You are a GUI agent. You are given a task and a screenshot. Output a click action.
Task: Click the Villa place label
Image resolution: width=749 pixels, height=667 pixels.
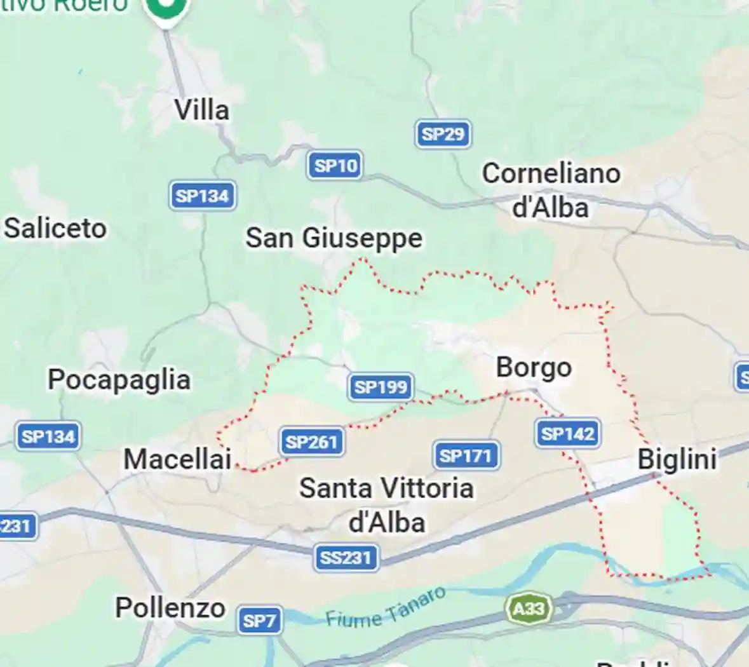202,110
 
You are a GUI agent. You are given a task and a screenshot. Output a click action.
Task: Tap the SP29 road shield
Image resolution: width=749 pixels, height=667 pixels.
443,134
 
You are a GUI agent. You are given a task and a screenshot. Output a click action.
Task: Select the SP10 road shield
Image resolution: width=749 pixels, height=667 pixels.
335,166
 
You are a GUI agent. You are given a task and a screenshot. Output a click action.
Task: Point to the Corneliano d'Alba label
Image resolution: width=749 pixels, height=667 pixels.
551,190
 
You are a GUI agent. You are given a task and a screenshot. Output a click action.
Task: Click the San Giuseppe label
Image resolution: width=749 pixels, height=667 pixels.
334,238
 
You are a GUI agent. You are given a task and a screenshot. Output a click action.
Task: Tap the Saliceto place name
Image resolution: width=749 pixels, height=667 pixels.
56,228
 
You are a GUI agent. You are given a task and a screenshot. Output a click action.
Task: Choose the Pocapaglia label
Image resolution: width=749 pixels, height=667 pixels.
119,380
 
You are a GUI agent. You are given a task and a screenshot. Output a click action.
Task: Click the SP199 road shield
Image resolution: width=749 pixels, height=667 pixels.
381,387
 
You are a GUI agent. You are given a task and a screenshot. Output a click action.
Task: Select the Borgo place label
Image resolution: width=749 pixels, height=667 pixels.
534,367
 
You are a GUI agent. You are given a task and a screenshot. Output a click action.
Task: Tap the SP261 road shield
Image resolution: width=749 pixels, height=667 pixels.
311,441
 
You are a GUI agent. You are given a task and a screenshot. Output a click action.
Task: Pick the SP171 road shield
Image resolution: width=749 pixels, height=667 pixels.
466,455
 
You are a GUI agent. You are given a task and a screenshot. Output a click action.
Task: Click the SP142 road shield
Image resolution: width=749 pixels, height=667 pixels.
567,434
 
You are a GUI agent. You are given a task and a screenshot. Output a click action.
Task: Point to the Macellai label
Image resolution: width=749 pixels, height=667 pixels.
177,459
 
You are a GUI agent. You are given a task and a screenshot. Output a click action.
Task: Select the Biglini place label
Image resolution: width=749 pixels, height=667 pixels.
677,459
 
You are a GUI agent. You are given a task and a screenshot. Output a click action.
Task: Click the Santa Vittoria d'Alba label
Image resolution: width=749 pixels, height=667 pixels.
386,505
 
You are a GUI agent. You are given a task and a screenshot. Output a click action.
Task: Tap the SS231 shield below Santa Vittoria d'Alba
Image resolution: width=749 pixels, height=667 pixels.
346,558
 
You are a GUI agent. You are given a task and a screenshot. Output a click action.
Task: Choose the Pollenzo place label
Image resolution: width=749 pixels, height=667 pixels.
170,608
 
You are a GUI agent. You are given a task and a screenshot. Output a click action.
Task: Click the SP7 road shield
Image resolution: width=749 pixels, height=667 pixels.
259,620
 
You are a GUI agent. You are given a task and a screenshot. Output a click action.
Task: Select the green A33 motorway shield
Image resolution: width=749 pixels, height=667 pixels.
529,609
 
